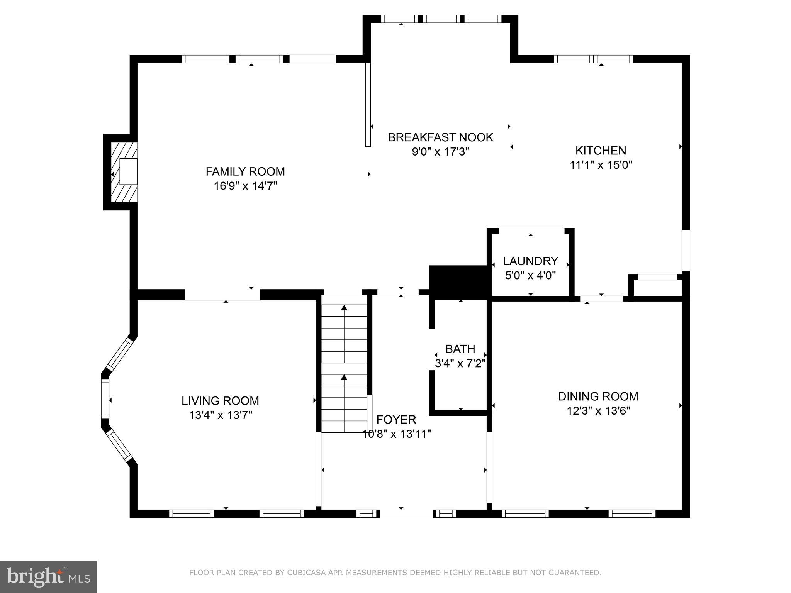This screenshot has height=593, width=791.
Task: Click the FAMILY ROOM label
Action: [x=245, y=171]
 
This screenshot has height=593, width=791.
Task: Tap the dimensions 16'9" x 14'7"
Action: [x=245, y=186]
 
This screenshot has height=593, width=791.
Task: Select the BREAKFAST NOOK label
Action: [x=440, y=137]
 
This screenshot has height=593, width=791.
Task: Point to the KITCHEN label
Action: [x=601, y=151]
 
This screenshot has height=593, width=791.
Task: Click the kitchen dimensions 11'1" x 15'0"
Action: [x=601, y=165]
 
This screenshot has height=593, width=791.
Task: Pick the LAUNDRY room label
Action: [x=530, y=261]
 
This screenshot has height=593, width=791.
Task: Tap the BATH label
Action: [x=460, y=349]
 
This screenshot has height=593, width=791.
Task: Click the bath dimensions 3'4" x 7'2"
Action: [x=460, y=364]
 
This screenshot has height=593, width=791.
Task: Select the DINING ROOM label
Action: [x=598, y=396]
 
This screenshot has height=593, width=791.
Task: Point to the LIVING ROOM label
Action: [x=220, y=401]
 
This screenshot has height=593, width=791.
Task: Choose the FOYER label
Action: [x=396, y=420]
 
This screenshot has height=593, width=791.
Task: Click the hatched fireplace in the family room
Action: [x=124, y=172]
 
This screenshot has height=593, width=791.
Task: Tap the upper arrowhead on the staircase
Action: [x=344, y=308]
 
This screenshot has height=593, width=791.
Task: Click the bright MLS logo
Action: [x=48, y=577]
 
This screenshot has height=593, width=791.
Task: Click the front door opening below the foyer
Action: [x=406, y=514]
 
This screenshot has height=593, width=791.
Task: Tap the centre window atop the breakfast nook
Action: [x=441, y=19]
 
